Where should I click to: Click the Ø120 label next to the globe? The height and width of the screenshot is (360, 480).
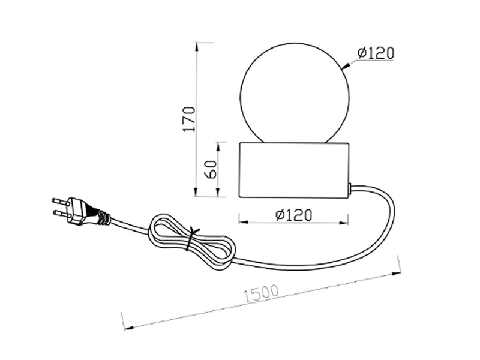pos(375,53)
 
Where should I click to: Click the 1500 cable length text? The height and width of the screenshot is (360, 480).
pos(262,292)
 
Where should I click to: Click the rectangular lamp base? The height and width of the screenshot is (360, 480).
pos(294,170)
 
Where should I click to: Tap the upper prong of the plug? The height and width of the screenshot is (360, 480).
pos(60,200)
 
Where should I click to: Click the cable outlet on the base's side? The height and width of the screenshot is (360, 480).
pos(351,189)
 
